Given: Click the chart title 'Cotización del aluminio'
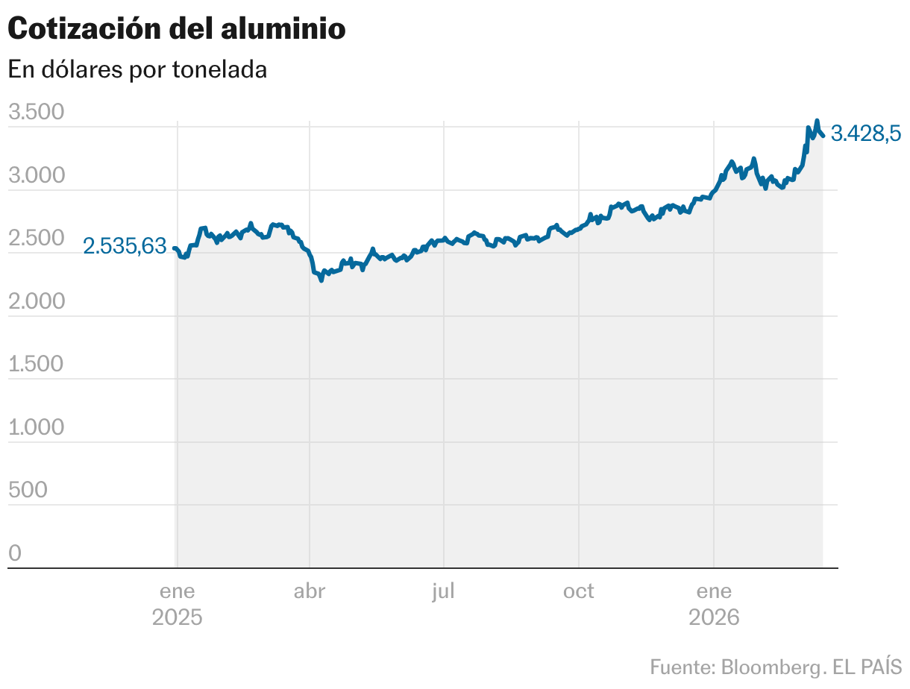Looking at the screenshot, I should point(177,29).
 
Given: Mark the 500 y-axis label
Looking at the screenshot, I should point(28,491).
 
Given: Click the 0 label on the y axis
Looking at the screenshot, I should point(15,553).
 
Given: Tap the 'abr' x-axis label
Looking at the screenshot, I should point(310,591).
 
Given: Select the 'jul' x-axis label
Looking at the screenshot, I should point(443,591).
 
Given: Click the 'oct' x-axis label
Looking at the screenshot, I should point(579,591).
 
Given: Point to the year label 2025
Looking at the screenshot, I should point(177,618).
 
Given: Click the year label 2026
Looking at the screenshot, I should point(714,618).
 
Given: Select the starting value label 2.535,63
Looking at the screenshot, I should point(125,247).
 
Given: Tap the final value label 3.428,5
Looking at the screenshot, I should point(866,133).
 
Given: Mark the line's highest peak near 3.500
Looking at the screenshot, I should point(817,120).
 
